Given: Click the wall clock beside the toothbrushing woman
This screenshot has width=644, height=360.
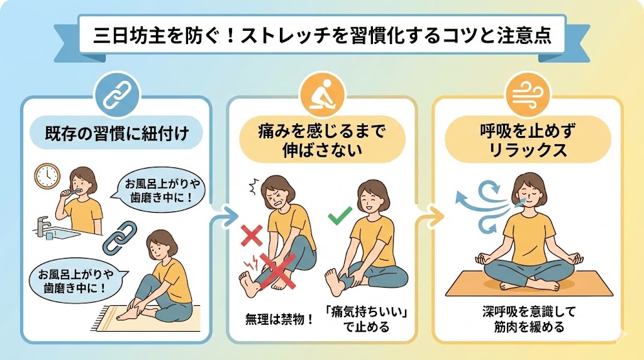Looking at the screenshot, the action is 47,176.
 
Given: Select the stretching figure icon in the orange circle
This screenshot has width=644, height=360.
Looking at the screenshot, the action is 321,95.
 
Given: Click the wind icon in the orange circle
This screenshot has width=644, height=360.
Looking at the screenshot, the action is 528,96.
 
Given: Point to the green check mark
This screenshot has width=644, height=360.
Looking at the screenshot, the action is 340,216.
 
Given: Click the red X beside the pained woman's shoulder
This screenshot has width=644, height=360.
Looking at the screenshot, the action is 252,235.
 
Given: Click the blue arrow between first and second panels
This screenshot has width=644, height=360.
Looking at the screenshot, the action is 224,215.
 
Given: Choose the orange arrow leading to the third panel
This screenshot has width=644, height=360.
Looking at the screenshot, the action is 430,214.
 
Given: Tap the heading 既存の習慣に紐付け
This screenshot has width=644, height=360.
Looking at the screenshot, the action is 117,133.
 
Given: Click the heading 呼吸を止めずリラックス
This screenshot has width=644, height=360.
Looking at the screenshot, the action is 528,140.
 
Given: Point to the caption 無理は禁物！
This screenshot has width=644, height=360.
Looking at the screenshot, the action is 280,318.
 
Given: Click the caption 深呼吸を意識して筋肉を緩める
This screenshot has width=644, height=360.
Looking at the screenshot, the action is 529,319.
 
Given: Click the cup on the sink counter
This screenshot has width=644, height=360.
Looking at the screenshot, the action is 49,236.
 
